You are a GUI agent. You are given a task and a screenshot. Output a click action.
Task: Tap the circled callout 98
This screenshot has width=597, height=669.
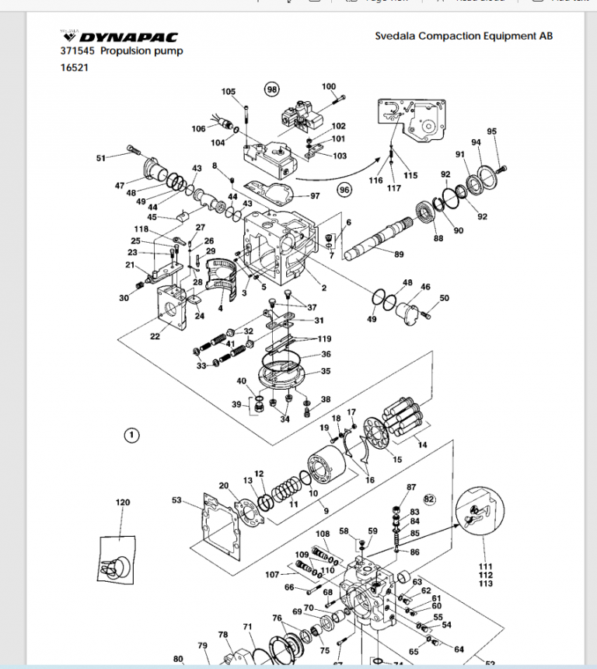click(x=271, y=89)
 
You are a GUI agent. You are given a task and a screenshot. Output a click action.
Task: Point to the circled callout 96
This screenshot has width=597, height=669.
click(x=344, y=188)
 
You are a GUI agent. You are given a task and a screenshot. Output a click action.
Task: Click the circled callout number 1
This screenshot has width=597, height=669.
click(x=131, y=434)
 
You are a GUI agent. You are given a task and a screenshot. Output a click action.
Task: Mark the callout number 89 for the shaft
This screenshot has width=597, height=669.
click(x=399, y=254)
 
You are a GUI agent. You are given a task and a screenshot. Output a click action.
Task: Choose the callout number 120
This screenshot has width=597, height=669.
click(x=123, y=503)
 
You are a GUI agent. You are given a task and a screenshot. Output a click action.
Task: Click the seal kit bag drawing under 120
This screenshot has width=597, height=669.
click(x=118, y=559)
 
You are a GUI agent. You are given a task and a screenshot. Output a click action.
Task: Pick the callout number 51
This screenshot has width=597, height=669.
click(x=101, y=159)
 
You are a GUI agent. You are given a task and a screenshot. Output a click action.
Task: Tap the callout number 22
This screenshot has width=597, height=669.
click(x=155, y=336)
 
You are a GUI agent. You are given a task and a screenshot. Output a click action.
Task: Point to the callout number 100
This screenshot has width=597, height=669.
click(x=329, y=86)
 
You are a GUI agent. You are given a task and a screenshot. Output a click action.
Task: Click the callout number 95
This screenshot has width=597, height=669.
click(x=491, y=131)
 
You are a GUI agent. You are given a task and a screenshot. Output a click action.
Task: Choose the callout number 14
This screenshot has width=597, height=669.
click(x=422, y=444)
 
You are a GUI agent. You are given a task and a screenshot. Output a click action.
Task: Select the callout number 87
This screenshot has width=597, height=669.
click(x=411, y=487)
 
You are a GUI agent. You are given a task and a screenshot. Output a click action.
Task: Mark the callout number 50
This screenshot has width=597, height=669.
click(x=444, y=298)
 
